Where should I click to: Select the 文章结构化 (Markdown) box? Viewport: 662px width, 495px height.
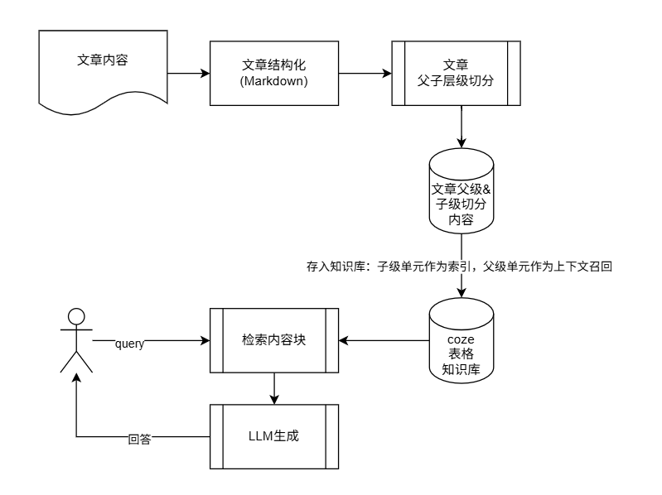pyautogui.click(x=274, y=73)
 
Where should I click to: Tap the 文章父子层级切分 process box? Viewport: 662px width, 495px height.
pyautogui.click(x=456, y=73)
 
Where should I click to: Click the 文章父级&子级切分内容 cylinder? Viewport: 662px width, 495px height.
pyautogui.click(x=461, y=198)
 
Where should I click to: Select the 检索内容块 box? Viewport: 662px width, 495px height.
pyautogui.click(x=274, y=340)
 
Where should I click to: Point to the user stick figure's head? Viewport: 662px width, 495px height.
pyautogui.click(x=77, y=316)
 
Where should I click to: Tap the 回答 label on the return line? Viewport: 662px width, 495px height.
pyautogui.click(x=140, y=438)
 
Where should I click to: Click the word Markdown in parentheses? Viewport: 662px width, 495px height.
pyautogui.click(x=274, y=81)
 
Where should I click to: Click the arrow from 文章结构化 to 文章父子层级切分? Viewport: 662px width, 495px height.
pyautogui.click(x=365, y=73)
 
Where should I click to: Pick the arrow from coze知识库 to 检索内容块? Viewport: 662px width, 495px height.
pyautogui.click(x=385, y=340)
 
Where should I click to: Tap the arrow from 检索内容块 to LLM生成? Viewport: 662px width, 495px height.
pyautogui.click(x=274, y=388)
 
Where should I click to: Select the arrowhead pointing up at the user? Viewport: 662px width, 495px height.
pyautogui.click(x=77, y=377)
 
